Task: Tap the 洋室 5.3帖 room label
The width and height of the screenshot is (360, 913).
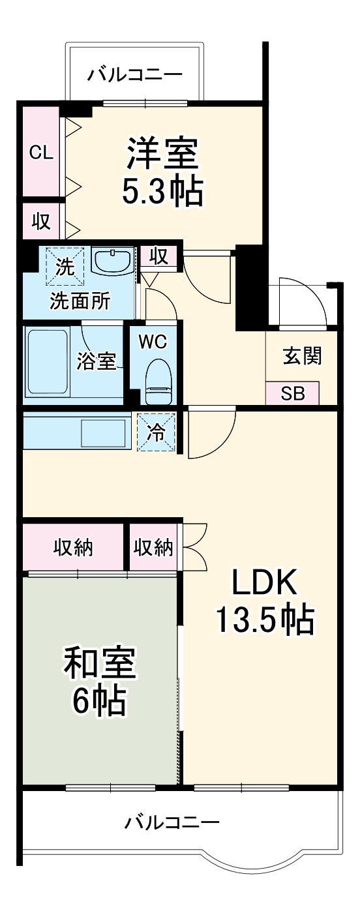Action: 162,171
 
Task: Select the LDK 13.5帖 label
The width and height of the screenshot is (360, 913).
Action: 264,602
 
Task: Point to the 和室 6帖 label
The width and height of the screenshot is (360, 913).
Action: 99,684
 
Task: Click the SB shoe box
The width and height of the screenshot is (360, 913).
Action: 292,393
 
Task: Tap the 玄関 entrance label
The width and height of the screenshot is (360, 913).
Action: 302,355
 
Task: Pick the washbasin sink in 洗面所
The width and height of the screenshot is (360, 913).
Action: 112,261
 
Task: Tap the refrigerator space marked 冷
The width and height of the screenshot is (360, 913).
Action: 156,432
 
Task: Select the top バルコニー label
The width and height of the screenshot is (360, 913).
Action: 134,74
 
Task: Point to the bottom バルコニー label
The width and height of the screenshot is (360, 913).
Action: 172,822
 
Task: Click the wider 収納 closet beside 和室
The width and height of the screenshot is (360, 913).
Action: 74,547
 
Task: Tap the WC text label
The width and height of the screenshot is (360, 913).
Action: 152,342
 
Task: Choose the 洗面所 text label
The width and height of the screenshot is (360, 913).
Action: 80,301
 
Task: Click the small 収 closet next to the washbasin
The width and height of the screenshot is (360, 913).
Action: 158,257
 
